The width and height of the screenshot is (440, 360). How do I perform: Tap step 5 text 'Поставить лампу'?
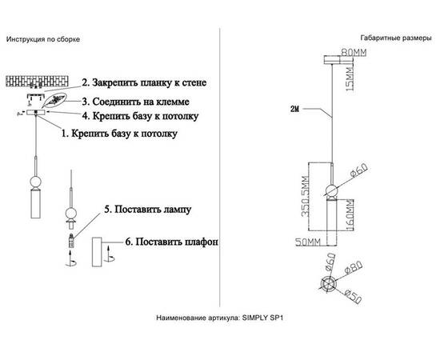(147, 212)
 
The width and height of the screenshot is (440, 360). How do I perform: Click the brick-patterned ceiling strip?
(40, 82)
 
